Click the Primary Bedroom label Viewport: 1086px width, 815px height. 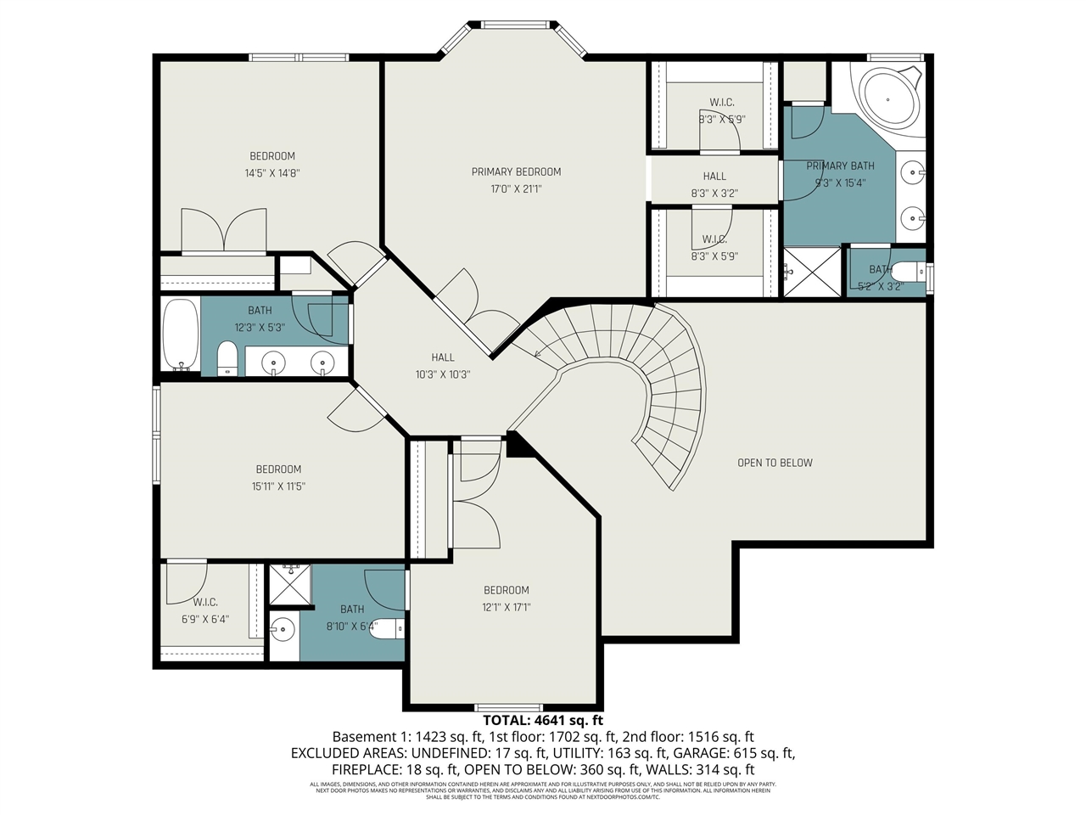click(516, 171)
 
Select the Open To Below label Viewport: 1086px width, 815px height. click(775, 463)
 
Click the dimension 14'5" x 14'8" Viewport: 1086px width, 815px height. click(272, 173)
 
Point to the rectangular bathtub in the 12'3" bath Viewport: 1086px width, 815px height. click(180, 335)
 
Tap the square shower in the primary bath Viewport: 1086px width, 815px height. click(813, 272)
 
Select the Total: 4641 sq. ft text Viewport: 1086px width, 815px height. click(543, 721)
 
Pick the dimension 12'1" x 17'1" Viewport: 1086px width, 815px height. click(507, 607)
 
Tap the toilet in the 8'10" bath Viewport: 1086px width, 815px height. click(389, 629)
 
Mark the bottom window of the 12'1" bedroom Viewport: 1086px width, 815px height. click(508, 707)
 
